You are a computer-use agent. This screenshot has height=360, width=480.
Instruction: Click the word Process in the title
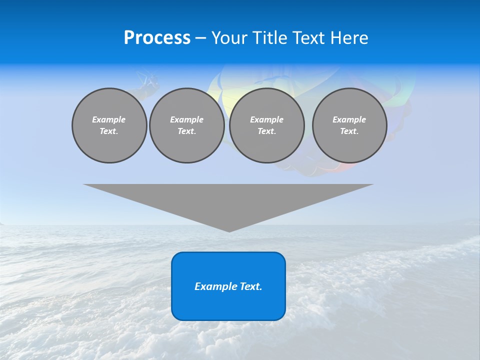coord(157,38)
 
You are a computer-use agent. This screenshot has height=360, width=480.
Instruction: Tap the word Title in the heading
coord(270,38)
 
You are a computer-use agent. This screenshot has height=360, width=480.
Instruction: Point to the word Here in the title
coord(350,38)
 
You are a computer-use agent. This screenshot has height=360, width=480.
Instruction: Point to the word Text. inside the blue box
coord(250,286)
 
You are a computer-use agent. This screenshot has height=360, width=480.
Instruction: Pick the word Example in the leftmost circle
coord(109,119)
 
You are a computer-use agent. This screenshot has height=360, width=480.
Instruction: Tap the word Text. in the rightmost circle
coord(349,131)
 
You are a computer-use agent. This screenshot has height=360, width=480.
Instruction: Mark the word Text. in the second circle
coord(186,131)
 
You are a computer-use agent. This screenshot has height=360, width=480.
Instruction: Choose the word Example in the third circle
coord(266,119)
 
